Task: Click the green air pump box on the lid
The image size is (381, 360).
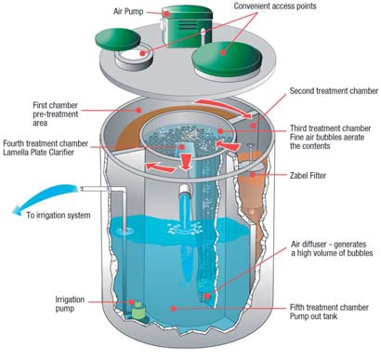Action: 187,26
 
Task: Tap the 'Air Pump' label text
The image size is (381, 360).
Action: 128,12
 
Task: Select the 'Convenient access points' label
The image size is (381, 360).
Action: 275,7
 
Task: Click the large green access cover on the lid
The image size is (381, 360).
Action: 227,59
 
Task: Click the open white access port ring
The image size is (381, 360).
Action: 134,59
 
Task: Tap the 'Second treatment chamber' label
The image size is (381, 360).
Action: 334,91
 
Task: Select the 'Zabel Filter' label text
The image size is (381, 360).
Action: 308,176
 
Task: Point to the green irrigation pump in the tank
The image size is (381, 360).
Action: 138,310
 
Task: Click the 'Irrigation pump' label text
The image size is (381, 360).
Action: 70,304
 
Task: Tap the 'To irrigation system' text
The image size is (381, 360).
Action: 59,215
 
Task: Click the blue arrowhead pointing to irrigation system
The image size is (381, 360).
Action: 19,211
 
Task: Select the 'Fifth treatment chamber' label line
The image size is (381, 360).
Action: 329,308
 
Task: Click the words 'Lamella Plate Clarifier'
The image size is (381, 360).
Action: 38,153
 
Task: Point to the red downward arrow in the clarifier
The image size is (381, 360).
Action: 186,162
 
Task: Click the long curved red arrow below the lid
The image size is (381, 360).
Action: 224,107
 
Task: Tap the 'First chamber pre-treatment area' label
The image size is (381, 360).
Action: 56,114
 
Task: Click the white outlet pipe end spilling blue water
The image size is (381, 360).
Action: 185,190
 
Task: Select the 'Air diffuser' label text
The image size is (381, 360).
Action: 332,248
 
